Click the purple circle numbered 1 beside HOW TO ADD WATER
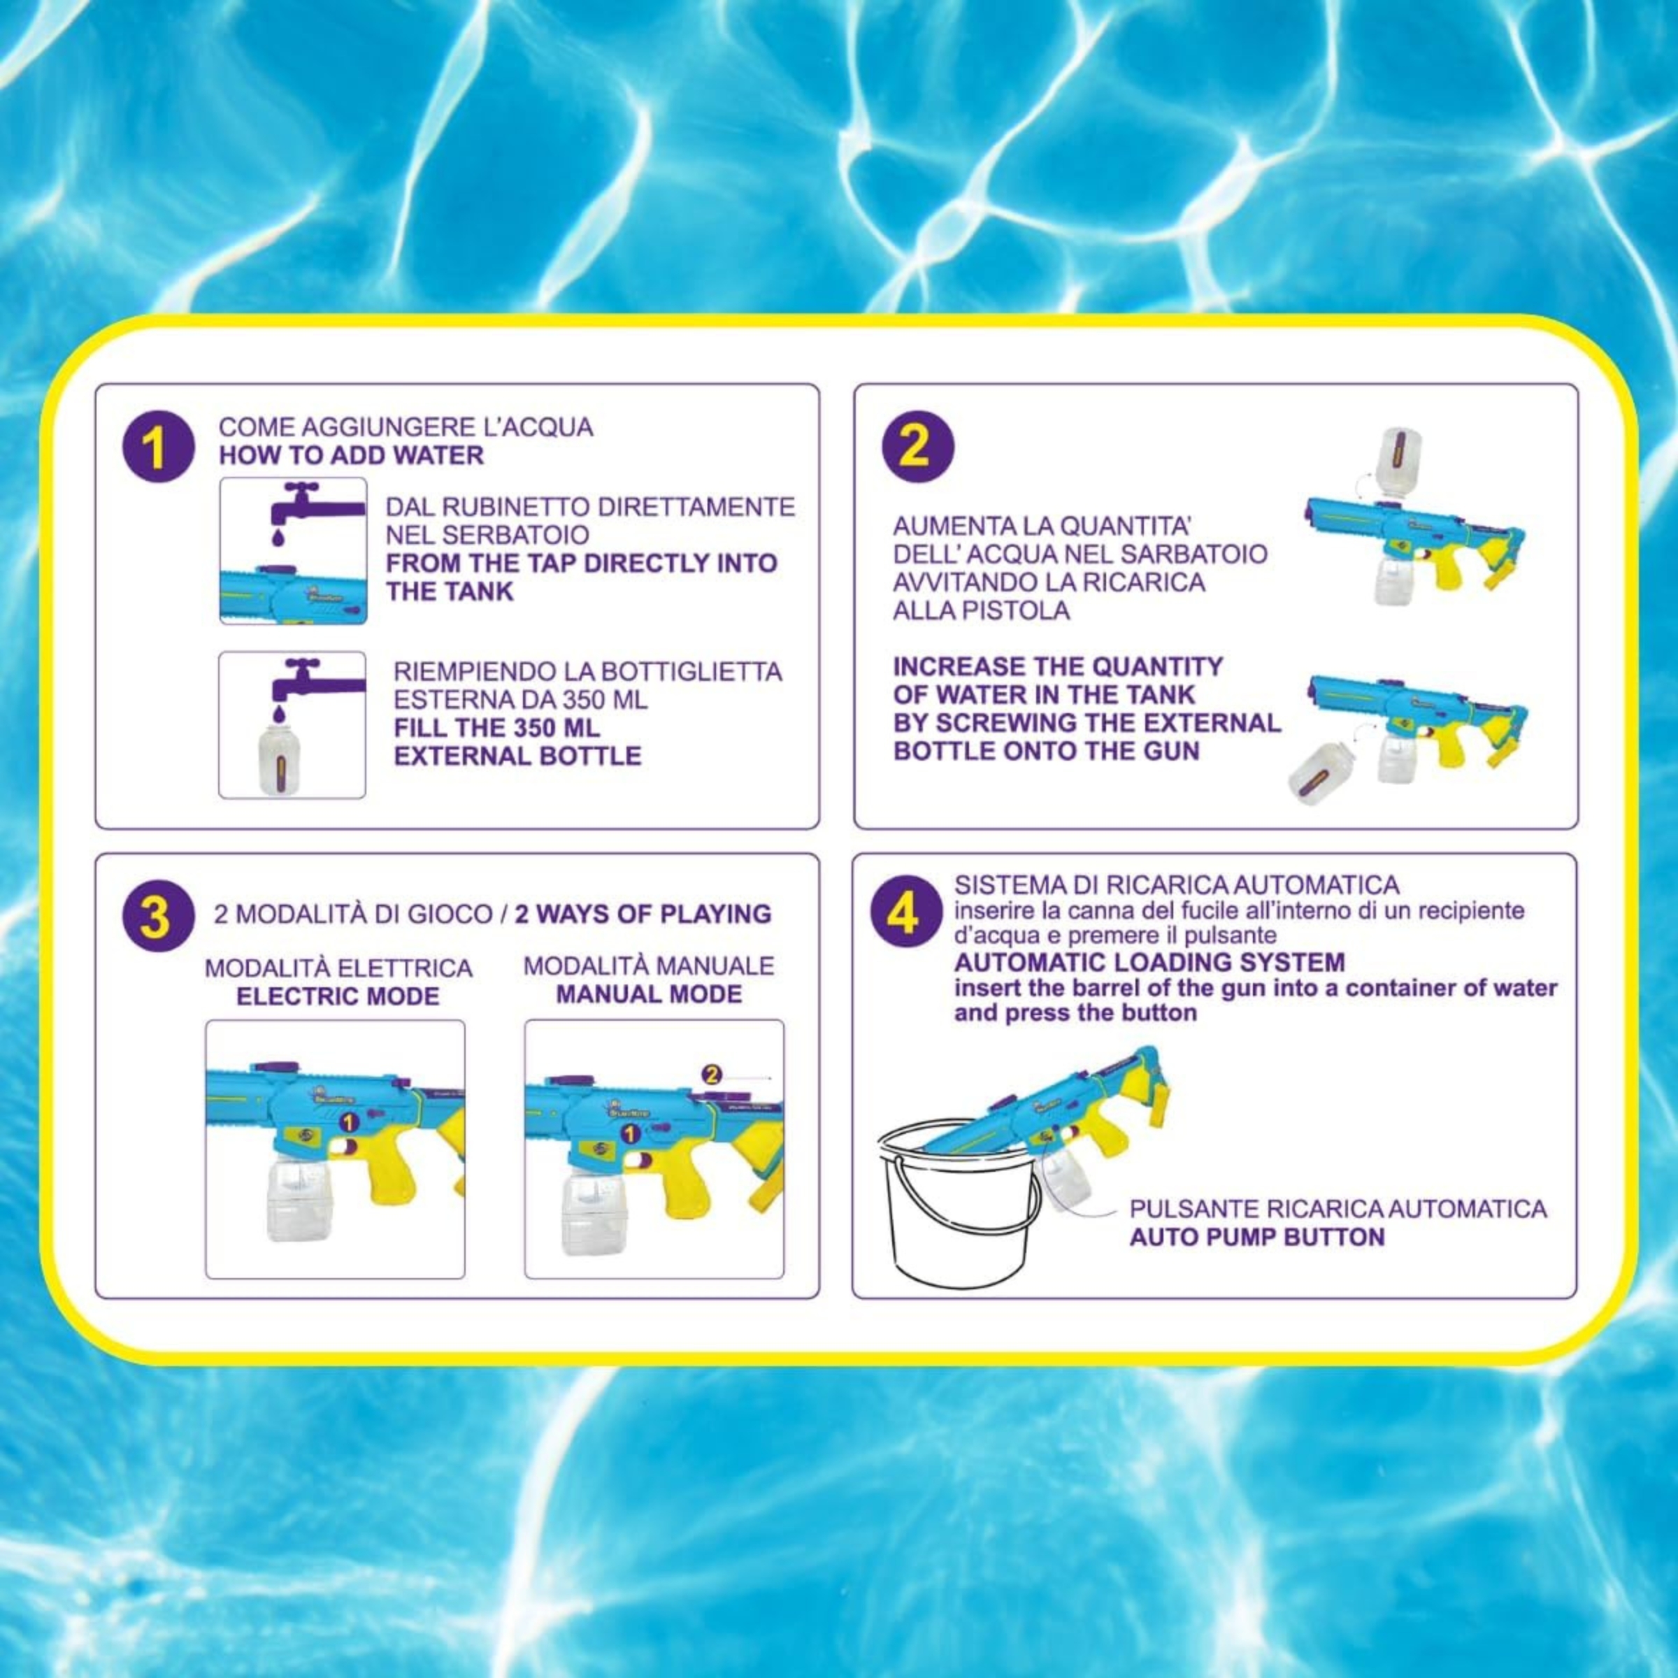click(158, 447)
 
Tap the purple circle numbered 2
click(917, 447)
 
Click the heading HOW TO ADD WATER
click(351, 455)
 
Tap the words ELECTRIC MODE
click(338, 996)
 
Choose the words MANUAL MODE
click(649, 994)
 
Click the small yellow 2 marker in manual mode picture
click(710, 1075)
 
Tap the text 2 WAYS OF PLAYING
click(643, 914)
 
